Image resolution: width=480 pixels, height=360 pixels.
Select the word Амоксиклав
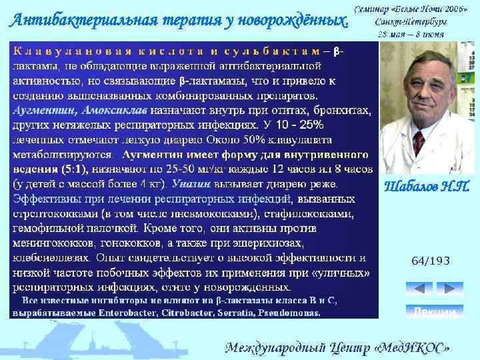[x=106, y=112]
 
